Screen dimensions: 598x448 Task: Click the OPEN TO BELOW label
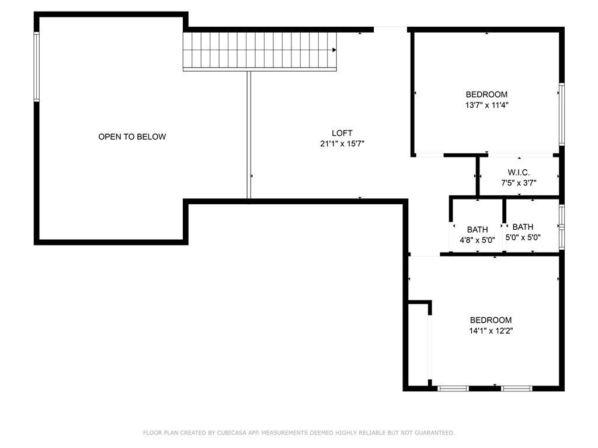pos(132,136)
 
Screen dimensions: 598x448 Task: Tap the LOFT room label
pos(342,133)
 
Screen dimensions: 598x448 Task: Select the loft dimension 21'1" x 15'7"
pos(342,143)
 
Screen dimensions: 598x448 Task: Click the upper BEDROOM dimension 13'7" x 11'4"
pos(486,105)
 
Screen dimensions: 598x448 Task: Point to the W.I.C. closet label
pos(519,172)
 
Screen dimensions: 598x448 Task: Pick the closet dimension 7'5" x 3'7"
pos(519,183)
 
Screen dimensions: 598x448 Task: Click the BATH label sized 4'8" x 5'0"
pos(478,229)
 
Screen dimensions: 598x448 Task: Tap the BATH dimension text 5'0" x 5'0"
pos(523,237)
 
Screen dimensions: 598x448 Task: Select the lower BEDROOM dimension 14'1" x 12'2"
pos(491,331)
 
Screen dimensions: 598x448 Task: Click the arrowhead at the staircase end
pos(335,50)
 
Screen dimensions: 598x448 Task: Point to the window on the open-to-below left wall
pos(37,66)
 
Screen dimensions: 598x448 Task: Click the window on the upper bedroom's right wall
pos(562,114)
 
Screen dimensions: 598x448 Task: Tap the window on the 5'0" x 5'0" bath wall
pos(562,227)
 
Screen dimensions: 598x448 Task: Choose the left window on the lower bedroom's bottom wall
pos(453,388)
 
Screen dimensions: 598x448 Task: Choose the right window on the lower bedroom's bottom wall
pos(516,388)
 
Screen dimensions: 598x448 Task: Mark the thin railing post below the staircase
pos(249,135)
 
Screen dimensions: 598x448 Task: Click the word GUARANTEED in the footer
pos(434,433)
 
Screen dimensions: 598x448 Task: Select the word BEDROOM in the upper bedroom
pos(486,94)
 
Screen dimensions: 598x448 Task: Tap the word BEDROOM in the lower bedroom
pos(491,320)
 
